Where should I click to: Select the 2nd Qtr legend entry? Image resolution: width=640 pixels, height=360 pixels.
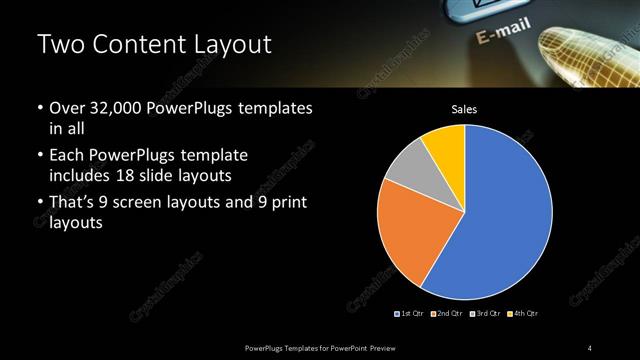coord(448,314)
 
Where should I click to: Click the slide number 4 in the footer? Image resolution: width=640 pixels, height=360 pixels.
coord(590,347)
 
